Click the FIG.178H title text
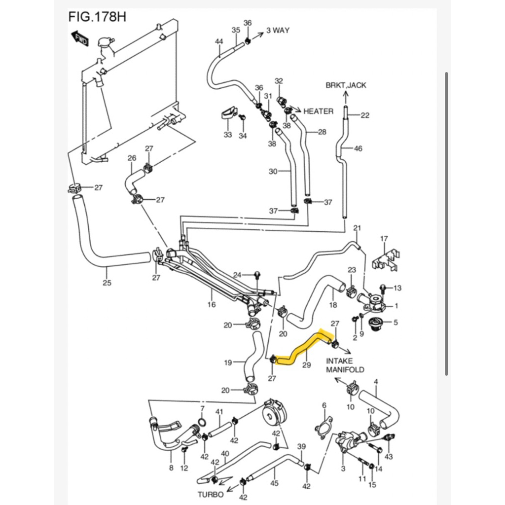click(x=97, y=17)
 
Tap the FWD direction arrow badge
click(x=79, y=38)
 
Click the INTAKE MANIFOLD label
click(x=345, y=365)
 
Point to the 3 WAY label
click(x=278, y=30)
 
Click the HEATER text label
click(x=318, y=111)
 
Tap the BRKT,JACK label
click(x=346, y=85)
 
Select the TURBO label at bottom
click(x=211, y=494)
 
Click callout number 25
click(x=107, y=283)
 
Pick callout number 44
click(x=219, y=42)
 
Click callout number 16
click(x=212, y=304)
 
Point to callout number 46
click(x=358, y=148)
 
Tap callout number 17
click(x=385, y=239)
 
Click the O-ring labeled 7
click(x=202, y=423)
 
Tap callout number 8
click(x=171, y=468)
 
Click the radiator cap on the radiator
click(x=106, y=43)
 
